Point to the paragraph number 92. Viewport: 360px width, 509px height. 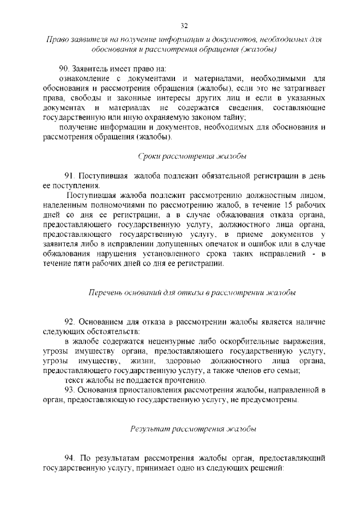(70, 322)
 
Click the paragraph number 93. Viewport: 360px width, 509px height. (70, 390)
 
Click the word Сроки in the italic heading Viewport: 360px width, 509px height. (149, 155)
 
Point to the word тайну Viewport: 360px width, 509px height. (231, 117)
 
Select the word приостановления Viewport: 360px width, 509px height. (159, 390)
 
